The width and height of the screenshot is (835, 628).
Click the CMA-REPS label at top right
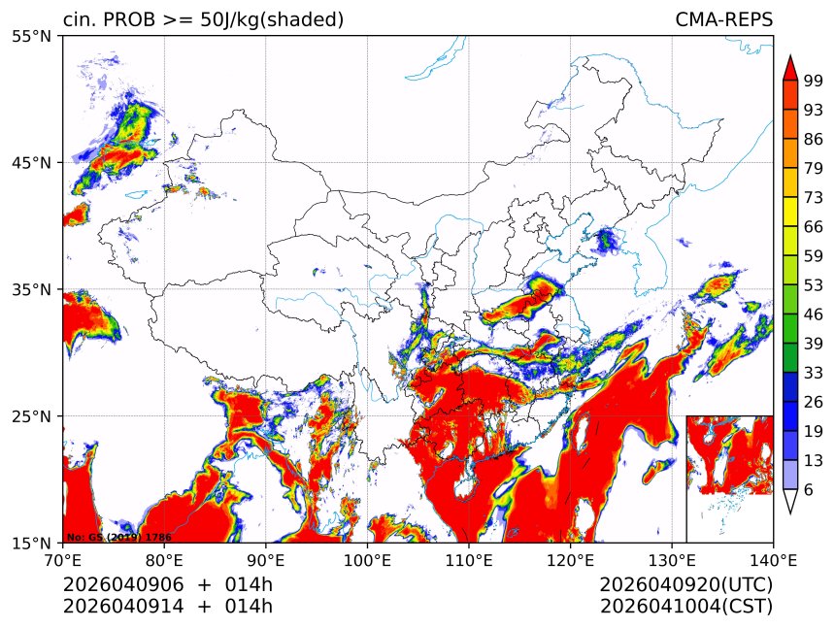click(x=723, y=19)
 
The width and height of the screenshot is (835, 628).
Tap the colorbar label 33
click(x=814, y=373)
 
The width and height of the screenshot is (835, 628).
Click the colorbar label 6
click(x=808, y=490)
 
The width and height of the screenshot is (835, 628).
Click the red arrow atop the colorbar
click(x=790, y=67)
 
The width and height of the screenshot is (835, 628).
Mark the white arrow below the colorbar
click(x=790, y=501)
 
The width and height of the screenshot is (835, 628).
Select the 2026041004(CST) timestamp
click(x=685, y=607)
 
